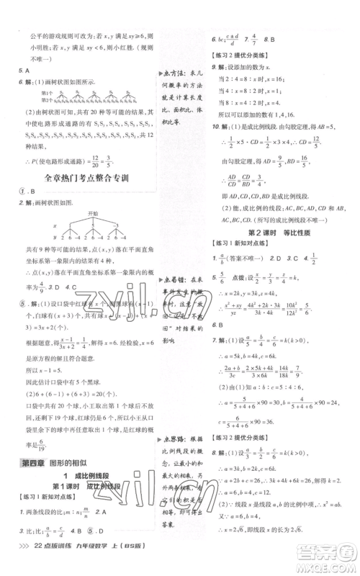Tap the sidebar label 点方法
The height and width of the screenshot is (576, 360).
pyautogui.click(x=174, y=76)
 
